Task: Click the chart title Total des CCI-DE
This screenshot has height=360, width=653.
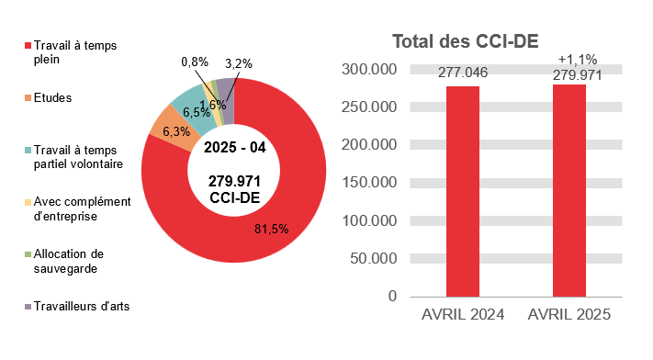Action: (x=465, y=41)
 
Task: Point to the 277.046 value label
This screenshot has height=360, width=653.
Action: (x=463, y=73)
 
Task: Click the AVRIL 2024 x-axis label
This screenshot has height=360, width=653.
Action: (x=463, y=314)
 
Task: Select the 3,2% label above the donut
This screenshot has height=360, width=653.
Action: (x=238, y=63)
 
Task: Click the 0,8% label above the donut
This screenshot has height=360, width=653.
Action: (x=195, y=62)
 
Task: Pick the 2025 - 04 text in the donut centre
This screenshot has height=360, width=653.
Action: (x=232, y=148)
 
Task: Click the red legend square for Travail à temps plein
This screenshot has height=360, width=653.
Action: (x=28, y=45)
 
